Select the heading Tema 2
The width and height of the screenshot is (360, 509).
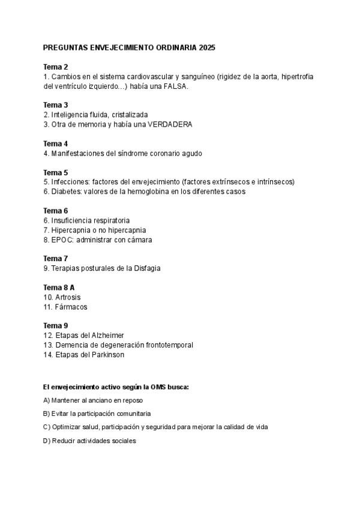(x=56, y=67)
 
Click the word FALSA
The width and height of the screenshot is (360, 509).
(x=175, y=86)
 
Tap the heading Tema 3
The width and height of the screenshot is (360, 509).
(x=56, y=105)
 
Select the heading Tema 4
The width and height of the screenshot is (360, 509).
(x=56, y=143)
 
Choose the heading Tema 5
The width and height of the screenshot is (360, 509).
(x=56, y=172)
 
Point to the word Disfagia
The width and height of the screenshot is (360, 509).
(x=146, y=268)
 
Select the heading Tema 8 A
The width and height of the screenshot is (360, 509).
(x=59, y=288)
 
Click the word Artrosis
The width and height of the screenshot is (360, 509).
(x=68, y=297)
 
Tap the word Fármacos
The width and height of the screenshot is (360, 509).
(x=71, y=307)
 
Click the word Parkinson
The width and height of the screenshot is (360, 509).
(x=106, y=355)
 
